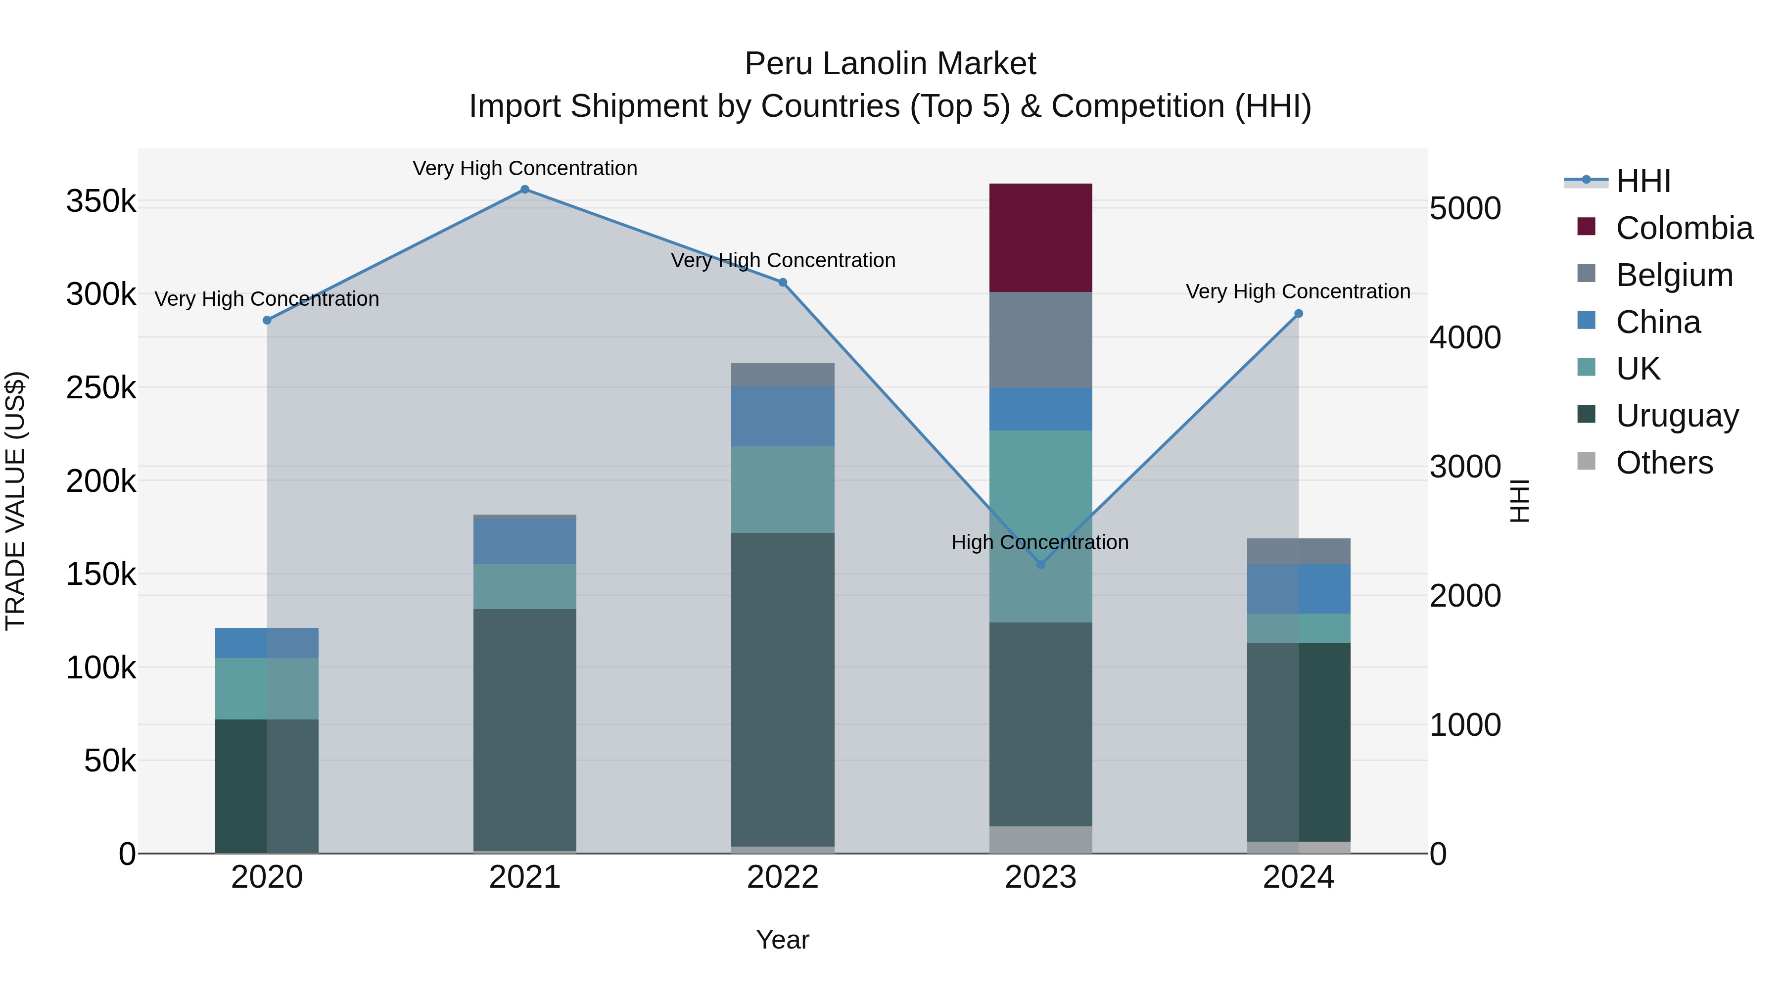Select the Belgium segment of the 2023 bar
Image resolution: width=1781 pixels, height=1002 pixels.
(x=1040, y=339)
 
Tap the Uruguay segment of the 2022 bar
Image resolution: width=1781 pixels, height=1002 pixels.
(x=783, y=689)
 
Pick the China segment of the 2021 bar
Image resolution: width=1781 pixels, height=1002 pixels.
(x=525, y=541)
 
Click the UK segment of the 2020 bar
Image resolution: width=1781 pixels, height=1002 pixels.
(x=267, y=688)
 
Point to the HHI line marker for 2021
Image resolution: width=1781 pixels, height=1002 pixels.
(x=525, y=190)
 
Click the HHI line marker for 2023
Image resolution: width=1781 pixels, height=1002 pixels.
(x=1040, y=564)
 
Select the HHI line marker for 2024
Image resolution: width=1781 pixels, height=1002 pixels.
(x=1299, y=314)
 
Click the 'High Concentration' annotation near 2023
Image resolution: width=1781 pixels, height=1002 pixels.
(x=1040, y=542)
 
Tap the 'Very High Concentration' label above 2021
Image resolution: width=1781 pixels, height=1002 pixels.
(x=525, y=168)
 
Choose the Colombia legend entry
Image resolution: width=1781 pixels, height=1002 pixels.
(x=1684, y=228)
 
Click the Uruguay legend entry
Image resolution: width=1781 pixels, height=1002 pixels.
(x=1677, y=416)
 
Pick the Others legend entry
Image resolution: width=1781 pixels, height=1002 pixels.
(x=1664, y=463)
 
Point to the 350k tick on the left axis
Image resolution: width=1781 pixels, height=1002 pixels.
(x=101, y=201)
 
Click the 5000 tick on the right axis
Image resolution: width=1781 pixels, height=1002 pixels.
(x=1465, y=208)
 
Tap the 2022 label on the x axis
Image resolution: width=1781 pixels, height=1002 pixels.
(x=783, y=877)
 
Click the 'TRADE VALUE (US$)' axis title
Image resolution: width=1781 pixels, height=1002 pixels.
(x=16, y=501)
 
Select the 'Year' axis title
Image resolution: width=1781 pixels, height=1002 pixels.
(x=783, y=940)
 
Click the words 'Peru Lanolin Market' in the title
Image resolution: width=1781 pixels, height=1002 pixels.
(x=890, y=64)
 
